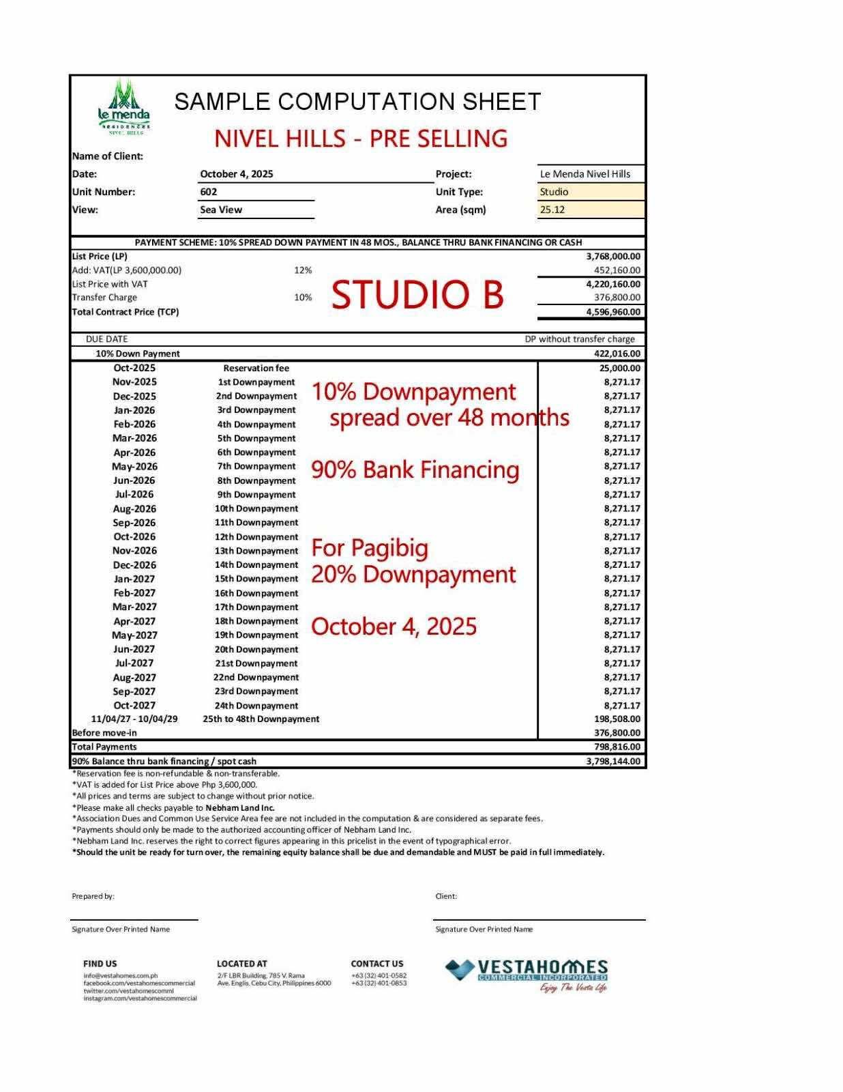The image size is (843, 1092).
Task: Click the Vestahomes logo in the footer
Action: tap(527, 975)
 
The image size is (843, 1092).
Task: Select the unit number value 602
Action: tap(209, 192)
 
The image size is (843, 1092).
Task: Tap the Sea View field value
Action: tap(221, 210)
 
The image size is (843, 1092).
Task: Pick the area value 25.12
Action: tap(552, 210)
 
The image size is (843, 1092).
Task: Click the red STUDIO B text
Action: tap(417, 295)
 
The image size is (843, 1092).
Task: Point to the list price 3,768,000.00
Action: tap(613, 257)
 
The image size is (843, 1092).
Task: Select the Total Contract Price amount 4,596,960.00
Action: tap(613, 312)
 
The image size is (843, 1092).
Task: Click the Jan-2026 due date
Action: tap(134, 410)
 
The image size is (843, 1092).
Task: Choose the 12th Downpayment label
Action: tap(256, 536)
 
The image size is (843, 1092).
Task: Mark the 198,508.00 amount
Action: tap(617, 719)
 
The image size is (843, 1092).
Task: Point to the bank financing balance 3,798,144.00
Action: tap(613, 761)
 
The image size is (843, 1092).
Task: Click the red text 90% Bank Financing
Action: tap(415, 470)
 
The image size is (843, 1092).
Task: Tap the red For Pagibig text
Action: tap(370, 547)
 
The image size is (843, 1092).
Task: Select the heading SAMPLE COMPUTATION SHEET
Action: tap(357, 102)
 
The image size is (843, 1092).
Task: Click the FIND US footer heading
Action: tap(100, 964)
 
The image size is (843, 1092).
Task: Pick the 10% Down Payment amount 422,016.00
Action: tap(617, 354)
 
